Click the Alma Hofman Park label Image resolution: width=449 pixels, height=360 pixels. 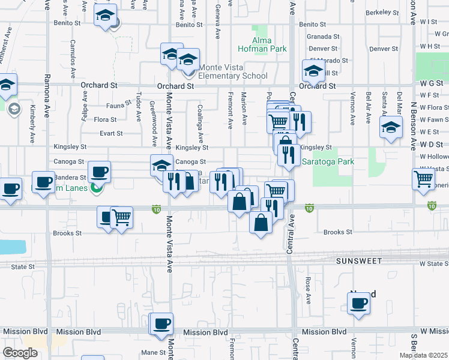click(270, 44)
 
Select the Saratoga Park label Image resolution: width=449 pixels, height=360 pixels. click(328, 161)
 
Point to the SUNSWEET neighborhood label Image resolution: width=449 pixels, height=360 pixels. click(358, 261)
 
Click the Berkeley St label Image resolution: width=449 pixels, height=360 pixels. click(382, 12)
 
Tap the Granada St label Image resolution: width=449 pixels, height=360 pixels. click(320, 37)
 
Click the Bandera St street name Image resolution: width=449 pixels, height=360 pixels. click(70, 178)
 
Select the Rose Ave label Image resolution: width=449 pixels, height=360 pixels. click(308, 289)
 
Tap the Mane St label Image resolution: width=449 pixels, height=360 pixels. click(153, 352)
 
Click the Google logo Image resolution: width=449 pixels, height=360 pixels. click(20, 353)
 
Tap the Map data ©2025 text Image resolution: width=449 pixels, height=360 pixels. click(424, 355)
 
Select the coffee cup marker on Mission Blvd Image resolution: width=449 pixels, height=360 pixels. click(161, 324)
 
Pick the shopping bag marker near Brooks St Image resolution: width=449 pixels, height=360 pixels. click(261, 223)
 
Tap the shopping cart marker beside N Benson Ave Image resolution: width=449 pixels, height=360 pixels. click(423, 178)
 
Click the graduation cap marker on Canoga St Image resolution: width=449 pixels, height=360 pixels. click(161, 164)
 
